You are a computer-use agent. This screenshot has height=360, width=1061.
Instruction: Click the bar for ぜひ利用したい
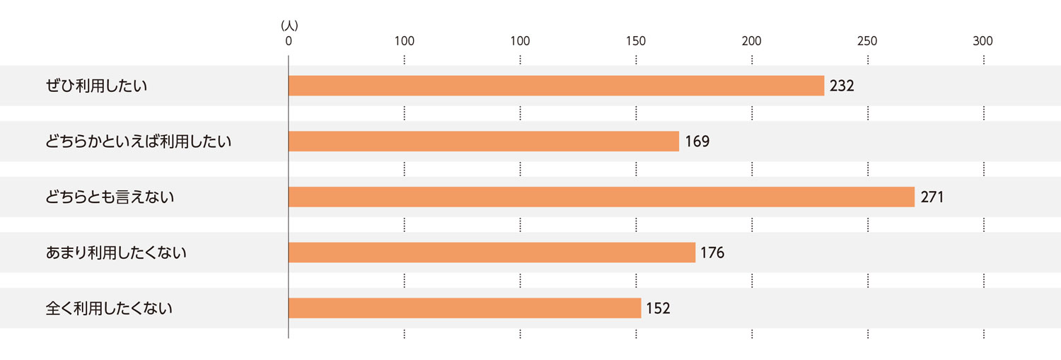pos(556,86)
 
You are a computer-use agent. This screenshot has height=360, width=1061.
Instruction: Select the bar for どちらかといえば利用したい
pos(484,141)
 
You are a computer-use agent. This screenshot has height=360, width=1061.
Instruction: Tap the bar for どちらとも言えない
pos(601,197)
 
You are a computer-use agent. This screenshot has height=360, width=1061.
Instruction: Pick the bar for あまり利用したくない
pos(492,252)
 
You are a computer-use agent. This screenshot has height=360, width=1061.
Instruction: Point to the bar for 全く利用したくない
pos(465,308)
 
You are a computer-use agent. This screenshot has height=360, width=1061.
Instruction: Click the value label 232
pos(842,86)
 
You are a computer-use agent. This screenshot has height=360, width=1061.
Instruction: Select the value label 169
pos(697,141)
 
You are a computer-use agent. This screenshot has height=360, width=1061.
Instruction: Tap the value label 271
pos(932,197)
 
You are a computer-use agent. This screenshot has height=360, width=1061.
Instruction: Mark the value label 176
pos(712,252)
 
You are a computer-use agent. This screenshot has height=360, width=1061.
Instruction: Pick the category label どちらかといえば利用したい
pos(139,141)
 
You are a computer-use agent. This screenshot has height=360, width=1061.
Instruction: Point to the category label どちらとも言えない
pos(110,197)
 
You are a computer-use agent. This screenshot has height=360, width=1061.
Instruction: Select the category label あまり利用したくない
pos(116,252)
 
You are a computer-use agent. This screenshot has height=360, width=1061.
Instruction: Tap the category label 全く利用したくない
pos(110,308)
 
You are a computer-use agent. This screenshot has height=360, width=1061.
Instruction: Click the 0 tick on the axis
pos(289,41)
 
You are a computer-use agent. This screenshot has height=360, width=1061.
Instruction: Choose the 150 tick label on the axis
pos(636,41)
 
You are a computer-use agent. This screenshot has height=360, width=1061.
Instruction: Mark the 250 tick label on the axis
pos(867,41)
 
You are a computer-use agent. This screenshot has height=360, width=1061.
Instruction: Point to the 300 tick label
pos(982,41)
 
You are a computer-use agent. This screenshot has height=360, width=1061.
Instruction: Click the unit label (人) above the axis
pos(289,25)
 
